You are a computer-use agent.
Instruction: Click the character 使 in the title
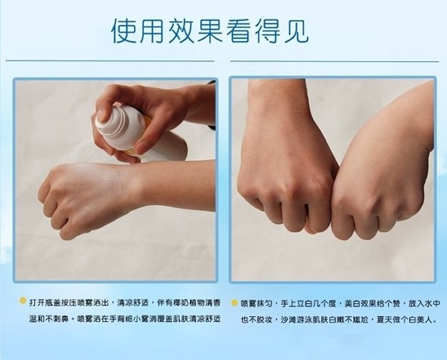pos(124,31)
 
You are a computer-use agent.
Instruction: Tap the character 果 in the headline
pos(209,31)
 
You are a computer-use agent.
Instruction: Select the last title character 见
pos(296,31)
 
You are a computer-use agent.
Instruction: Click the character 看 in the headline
pos(238,31)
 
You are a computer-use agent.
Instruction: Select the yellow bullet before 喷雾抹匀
pos(235,303)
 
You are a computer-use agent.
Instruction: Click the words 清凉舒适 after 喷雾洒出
pos(133,303)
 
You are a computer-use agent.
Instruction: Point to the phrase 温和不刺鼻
pos(48,319)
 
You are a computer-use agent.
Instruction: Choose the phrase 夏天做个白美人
pos(405,320)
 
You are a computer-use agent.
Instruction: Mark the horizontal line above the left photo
pos(110,61)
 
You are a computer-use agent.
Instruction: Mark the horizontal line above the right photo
pos(335,61)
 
